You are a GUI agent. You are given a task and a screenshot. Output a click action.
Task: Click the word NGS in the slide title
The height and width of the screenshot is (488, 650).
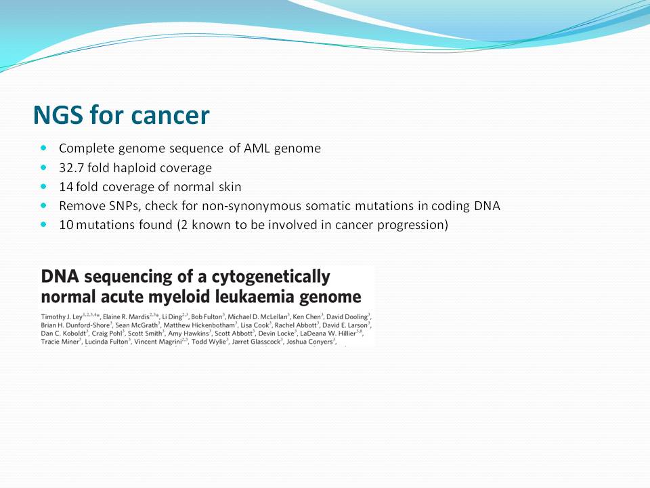click(58, 115)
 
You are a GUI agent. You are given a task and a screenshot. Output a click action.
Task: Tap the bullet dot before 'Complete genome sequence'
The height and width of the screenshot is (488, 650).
click(43, 148)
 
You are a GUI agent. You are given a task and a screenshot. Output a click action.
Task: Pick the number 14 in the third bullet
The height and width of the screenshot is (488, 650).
click(66, 187)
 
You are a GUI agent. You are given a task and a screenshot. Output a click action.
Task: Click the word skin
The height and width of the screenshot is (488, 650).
click(230, 187)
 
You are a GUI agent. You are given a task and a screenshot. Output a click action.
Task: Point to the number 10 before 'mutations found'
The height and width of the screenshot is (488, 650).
click(66, 225)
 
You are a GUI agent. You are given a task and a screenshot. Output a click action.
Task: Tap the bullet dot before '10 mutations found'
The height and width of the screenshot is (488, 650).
click(43, 224)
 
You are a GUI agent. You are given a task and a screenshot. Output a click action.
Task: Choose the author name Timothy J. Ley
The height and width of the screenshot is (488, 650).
click(62, 317)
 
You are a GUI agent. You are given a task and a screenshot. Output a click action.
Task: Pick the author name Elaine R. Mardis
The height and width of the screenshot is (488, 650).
click(126, 317)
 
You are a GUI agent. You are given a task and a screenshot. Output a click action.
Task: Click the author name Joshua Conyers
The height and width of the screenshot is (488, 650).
click(309, 342)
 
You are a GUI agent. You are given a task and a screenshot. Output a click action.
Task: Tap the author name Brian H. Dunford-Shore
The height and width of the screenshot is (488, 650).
click(75, 325)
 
